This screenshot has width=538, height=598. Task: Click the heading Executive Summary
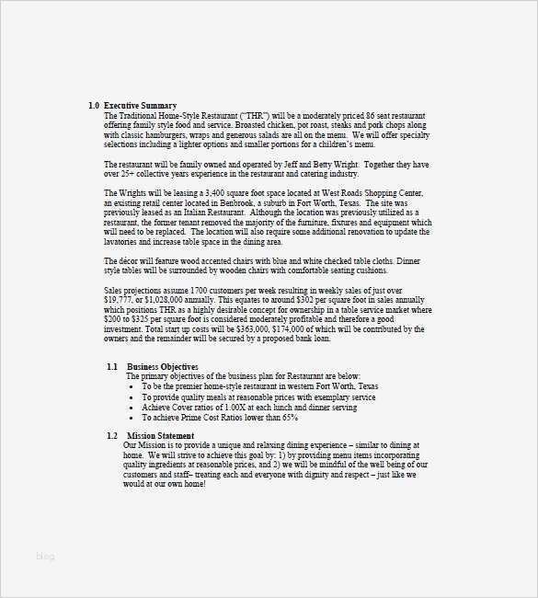click(x=140, y=106)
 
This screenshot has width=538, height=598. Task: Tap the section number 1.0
click(x=94, y=106)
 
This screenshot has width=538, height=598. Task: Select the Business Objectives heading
click(x=163, y=366)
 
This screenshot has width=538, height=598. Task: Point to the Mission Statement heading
click(x=161, y=435)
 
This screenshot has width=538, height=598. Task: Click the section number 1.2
click(x=112, y=435)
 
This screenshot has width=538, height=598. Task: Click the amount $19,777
click(x=121, y=299)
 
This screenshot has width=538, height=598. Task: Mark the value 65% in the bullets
click(x=290, y=417)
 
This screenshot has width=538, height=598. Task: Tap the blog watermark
click(x=46, y=556)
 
